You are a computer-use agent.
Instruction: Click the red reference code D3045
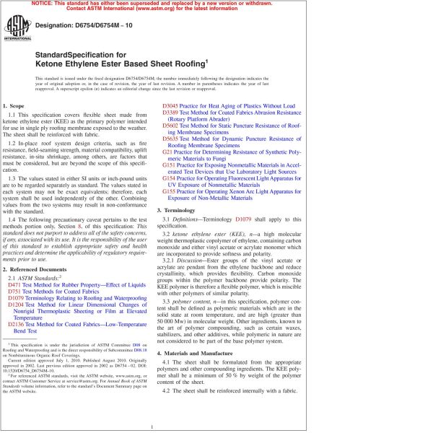tap(170, 106)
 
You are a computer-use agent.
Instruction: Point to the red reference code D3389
tap(170, 114)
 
